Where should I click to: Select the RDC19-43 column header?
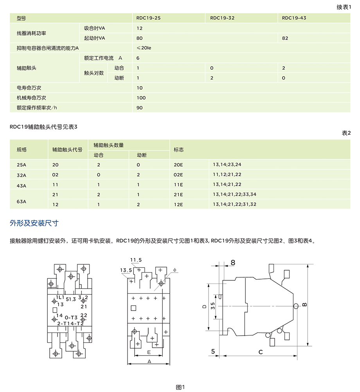pos(294,18)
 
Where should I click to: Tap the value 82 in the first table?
pos(285,38)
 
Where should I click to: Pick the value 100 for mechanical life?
pos(141,98)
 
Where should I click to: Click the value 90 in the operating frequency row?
pos(140,108)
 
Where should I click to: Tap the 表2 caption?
pos(346,133)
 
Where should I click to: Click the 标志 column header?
pos(179,150)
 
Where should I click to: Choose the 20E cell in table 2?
pos(178,165)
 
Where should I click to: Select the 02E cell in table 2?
pos(178,175)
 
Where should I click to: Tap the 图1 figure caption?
pos(180,387)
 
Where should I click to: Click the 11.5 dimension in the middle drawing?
pos(136,260)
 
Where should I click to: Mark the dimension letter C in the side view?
pos(261,352)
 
